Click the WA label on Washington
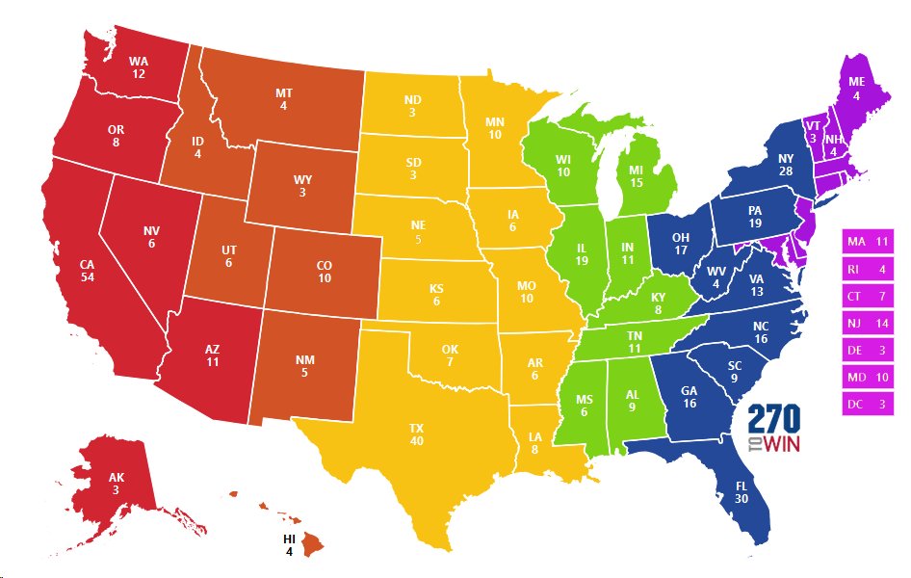(139, 61)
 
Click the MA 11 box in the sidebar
(867, 241)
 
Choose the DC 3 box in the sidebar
(867, 405)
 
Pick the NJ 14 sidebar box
(867, 323)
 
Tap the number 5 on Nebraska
(418, 239)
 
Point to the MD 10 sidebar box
(867, 377)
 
